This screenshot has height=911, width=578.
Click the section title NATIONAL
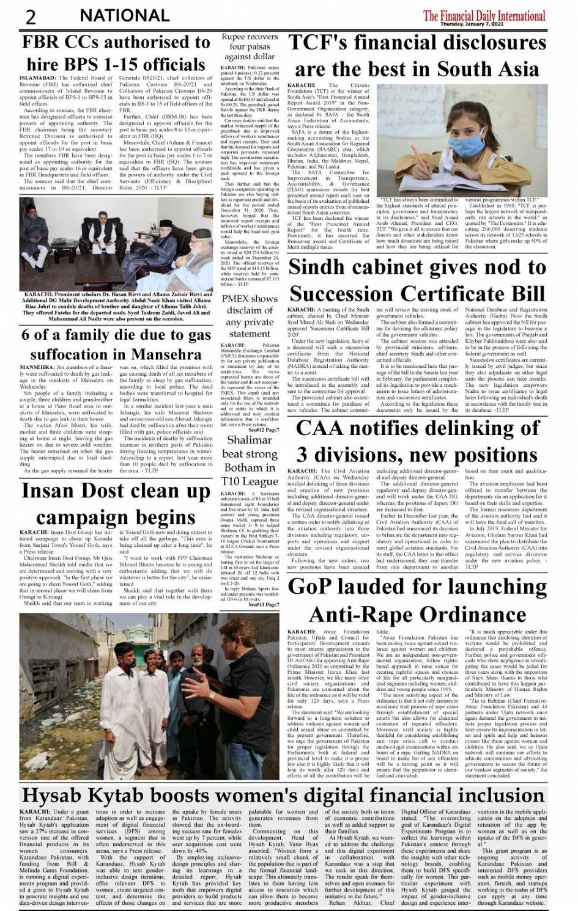pos(125,16)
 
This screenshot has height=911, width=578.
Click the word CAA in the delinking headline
pos(320,428)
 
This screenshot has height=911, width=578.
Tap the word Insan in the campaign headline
pos(50,491)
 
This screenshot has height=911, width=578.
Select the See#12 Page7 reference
pos(264,414)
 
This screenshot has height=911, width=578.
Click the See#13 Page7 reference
pos(264,604)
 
